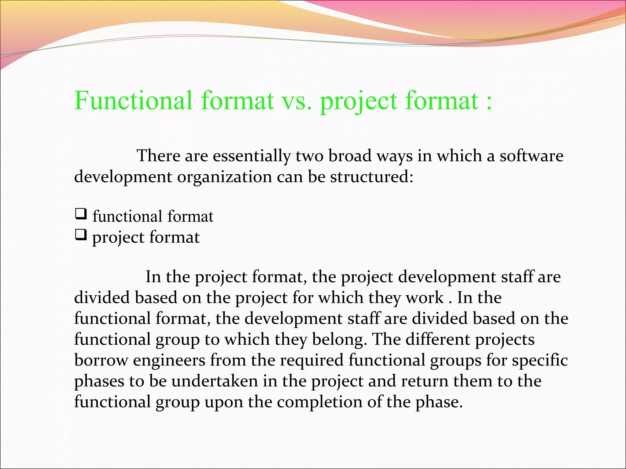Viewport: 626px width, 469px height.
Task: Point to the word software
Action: [x=531, y=156]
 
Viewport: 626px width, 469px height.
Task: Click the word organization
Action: [x=225, y=177]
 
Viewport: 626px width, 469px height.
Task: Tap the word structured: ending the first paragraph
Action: [x=372, y=177]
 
